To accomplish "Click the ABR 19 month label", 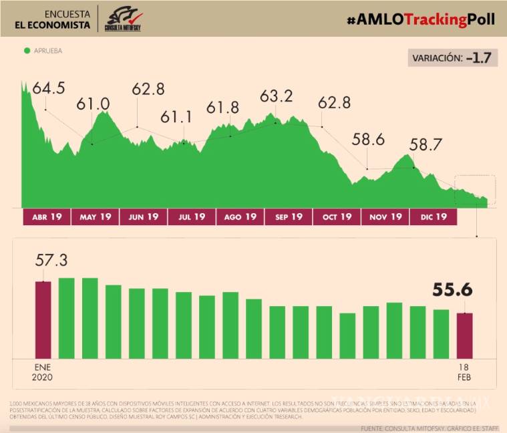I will click(x=47, y=216).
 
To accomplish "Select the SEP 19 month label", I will click(x=288, y=216).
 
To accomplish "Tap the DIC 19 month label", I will click(x=433, y=216).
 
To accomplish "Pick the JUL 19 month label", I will click(x=192, y=216).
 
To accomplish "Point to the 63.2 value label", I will click(x=276, y=97).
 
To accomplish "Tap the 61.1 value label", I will click(x=176, y=118).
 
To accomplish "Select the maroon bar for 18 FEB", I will click(x=465, y=335).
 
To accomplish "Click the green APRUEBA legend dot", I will click(x=27, y=50).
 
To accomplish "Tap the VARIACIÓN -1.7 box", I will click(x=453, y=58).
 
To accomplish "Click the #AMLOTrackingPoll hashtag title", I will click(x=421, y=19).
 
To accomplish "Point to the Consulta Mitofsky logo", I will click(x=124, y=18).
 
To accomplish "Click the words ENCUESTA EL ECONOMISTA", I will click(x=53, y=19).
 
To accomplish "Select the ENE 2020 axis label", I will click(x=43, y=372).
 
